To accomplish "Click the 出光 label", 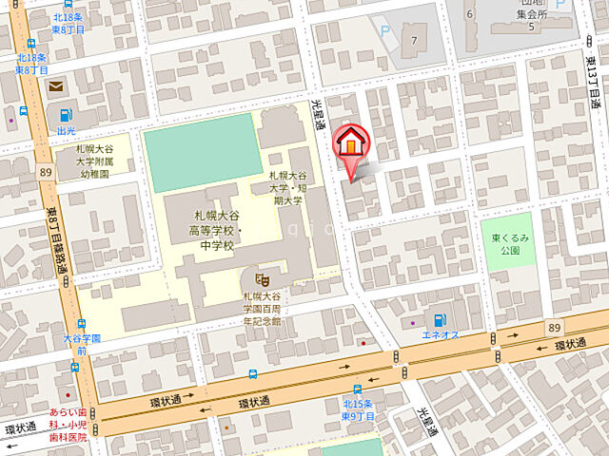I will [x=67, y=131].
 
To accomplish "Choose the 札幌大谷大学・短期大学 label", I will [x=286, y=187].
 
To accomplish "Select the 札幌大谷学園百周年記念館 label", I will [x=262, y=308].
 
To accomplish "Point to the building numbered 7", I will [x=415, y=40].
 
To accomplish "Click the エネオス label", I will [x=441, y=335].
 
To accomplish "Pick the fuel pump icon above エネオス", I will [x=440, y=320].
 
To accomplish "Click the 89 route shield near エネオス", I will [x=554, y=326].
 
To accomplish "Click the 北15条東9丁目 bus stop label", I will [x=359, y=410].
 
